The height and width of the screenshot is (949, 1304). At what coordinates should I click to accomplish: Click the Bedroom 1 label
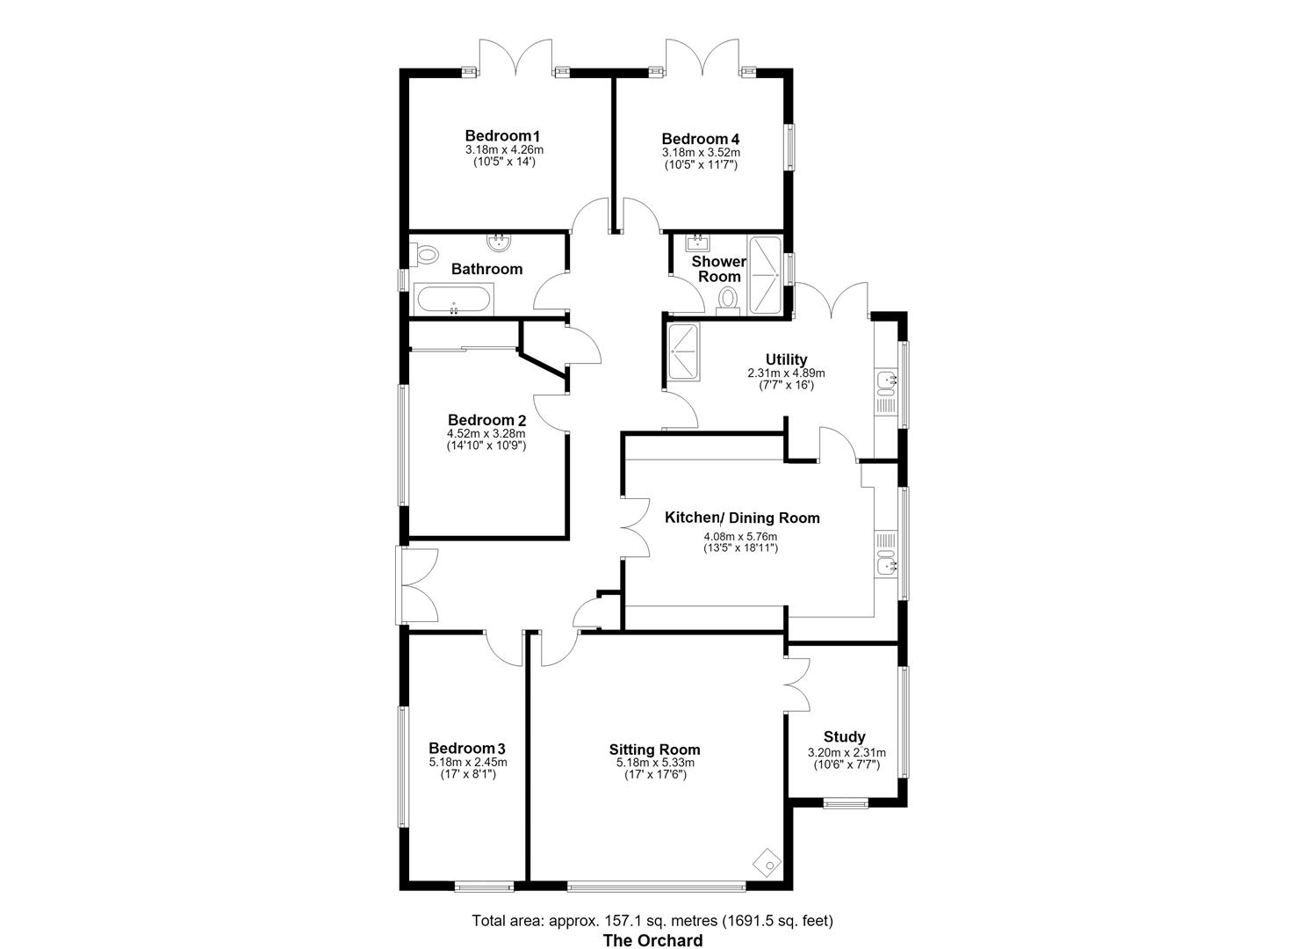click(x=502, y=135)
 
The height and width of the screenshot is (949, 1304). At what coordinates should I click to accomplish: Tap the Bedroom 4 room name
click(x=701, y=139)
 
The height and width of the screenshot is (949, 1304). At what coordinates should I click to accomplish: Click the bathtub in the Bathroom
click(x=453, y=300)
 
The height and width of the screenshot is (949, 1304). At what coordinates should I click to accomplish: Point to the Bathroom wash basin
click(x=499, y=242)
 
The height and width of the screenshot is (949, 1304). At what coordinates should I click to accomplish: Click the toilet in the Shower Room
click(x=727, y=301)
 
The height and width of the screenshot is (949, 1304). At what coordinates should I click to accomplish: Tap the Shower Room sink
click(x=696, y=241)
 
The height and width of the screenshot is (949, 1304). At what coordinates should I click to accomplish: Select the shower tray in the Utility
click(x=684, y=351)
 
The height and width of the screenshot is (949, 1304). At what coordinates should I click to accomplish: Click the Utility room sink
click(x=887, y=380)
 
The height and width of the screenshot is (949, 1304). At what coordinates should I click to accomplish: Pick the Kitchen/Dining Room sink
click(x=887, y=565)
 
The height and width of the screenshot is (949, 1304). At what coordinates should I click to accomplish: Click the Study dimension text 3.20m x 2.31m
click(x=847, y=753)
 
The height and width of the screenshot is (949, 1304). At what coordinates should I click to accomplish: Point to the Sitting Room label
click(x=654, y=750)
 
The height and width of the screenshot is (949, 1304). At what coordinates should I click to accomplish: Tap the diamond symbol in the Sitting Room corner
click(x=767, y=863)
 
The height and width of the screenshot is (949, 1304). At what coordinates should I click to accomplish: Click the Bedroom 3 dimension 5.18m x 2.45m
click(x=467, y=762)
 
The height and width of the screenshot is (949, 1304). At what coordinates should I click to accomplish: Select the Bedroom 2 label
click(x=486, y=420)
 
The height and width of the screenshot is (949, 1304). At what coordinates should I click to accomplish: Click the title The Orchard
click(x=652, y=940)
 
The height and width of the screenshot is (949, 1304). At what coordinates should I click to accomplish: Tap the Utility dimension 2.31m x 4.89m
click(x=786, y=373)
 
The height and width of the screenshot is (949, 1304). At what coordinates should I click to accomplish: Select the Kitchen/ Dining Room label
click(x=742, y=518)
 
